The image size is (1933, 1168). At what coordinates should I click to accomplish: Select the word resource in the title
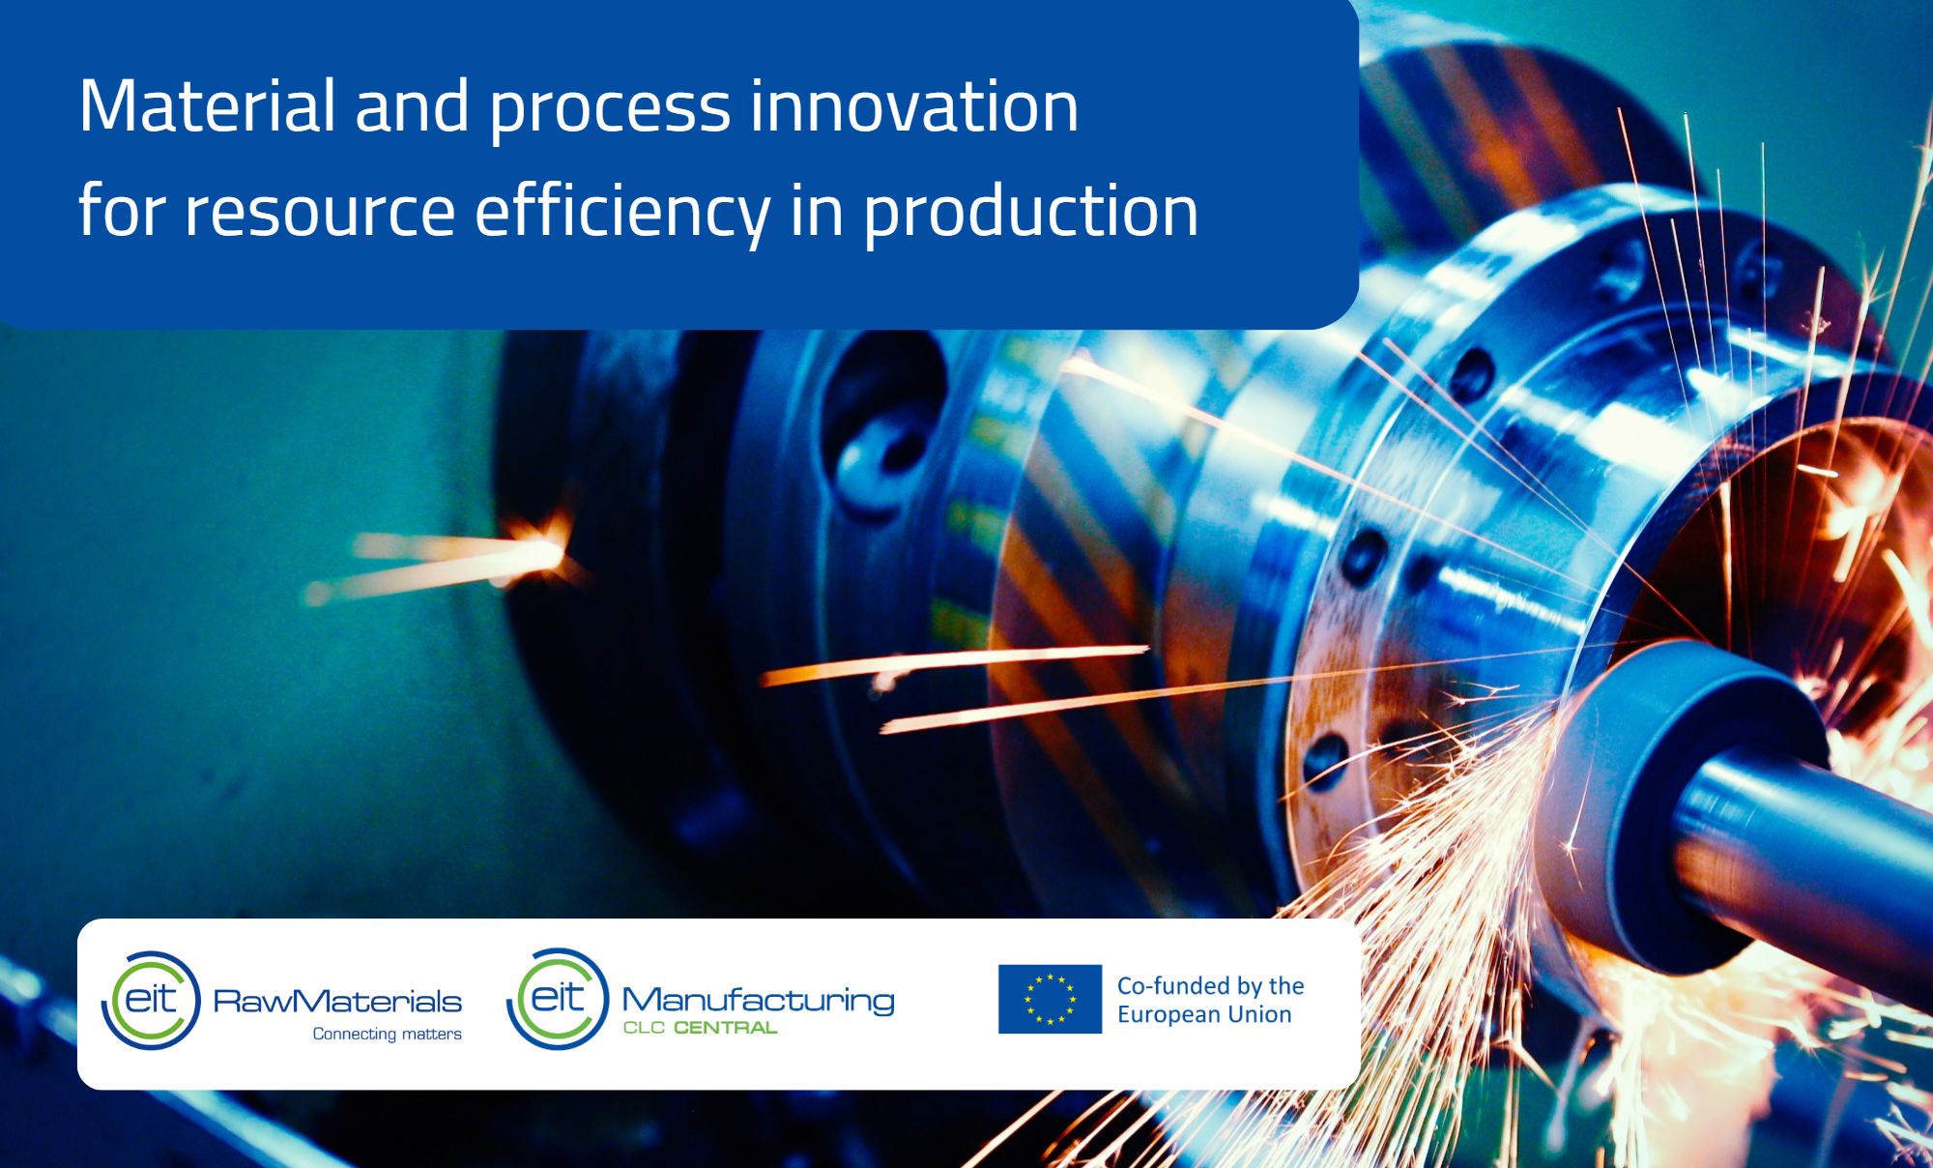(x=319, y=211)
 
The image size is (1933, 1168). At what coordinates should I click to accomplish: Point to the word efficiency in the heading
(x=621, y=211)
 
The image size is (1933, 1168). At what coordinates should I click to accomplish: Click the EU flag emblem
(x=1050, y=999)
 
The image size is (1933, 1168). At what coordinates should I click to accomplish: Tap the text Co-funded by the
(x=1210, y=985)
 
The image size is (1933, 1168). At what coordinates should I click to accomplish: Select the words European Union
(x=1204, y=1014)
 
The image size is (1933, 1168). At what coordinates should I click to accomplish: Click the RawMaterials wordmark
(x=337, y=1001)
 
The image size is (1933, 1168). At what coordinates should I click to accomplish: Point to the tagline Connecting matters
(x=387, y=1034)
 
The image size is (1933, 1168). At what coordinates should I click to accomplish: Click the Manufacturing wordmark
(x=758, y=1000)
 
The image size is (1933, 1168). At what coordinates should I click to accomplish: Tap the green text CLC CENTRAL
(x=700, y=1028)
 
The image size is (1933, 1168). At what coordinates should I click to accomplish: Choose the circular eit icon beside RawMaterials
(x=151, y=1000)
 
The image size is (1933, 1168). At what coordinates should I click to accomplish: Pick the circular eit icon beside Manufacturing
(x=558, y=999)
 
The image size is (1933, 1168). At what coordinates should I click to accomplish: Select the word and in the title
(x=412, y=106)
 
